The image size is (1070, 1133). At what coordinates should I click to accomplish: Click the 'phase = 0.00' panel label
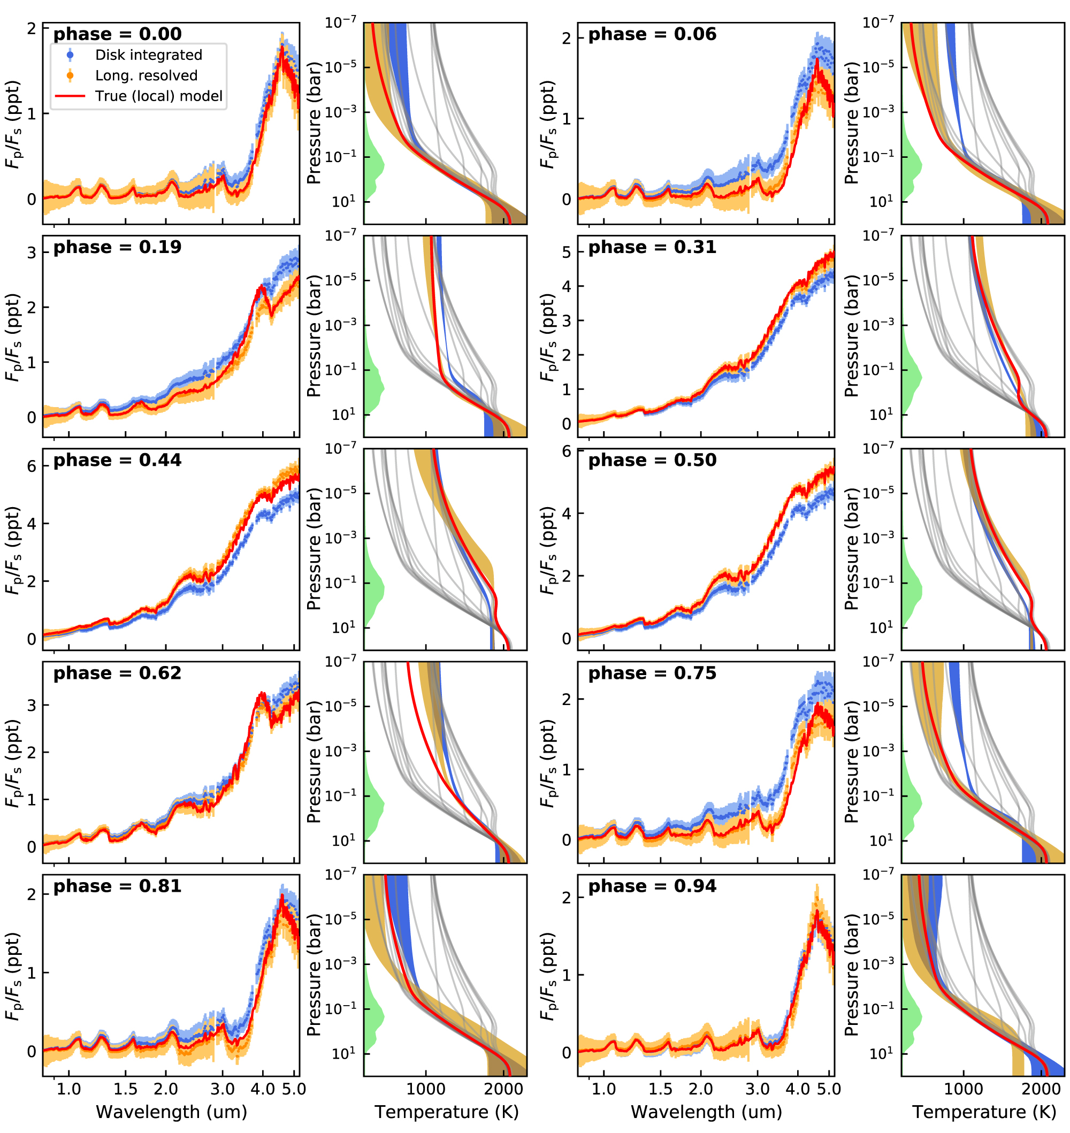point(118,34)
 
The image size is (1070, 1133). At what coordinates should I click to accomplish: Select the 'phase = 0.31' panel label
point(652,248)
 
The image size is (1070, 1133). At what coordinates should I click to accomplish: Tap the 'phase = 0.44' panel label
point(118,461)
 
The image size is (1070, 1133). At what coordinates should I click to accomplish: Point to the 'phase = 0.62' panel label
point(118,673)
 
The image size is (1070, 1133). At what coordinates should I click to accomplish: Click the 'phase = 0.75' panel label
point(652,673)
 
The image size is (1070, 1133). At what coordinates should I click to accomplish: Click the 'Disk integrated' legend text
point(148,55)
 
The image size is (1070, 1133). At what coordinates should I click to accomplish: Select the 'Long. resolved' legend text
point(146,76)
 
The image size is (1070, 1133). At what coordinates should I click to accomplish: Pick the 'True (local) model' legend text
point(158,96)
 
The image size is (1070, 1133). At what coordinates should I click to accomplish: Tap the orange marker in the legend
point(70,75)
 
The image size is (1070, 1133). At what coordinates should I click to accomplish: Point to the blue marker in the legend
point(70,55)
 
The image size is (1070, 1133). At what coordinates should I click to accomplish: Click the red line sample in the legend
point(70,96)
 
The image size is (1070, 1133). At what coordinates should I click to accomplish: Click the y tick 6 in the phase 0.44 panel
point(32,467)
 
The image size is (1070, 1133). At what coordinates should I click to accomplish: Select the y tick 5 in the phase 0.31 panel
point(567,252)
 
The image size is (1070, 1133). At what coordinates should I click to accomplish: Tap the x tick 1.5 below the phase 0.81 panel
point(126,1090)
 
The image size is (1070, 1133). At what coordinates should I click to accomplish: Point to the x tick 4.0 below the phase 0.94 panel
point(797,1090)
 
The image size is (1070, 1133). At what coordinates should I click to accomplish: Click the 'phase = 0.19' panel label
point(118,248)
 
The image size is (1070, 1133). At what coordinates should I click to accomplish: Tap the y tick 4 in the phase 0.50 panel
point(567,514)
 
